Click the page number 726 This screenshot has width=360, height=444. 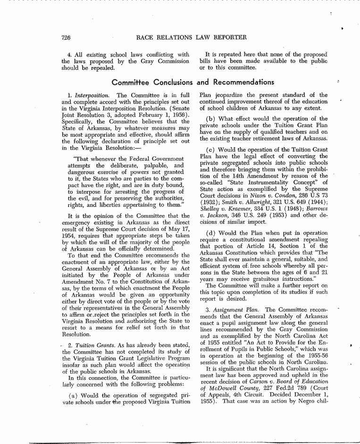click(x=66, y=37)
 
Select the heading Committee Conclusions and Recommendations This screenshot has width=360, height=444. click(x=193, y=82)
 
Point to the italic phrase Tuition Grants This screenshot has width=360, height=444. click(x=92, y=345)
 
